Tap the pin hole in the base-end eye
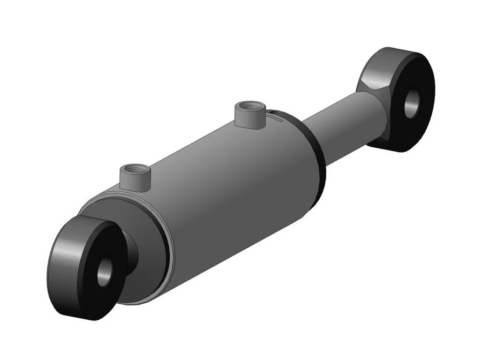coord(103,272)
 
